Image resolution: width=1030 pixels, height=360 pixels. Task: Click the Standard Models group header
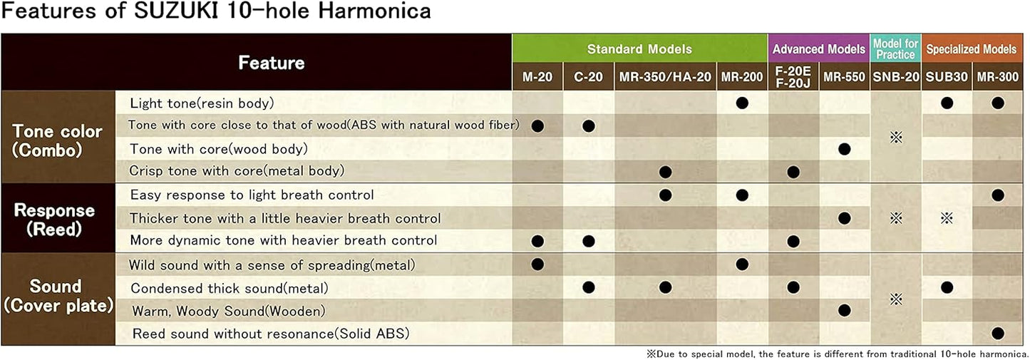point(639,49)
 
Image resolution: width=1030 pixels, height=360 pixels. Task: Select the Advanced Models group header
point(818,49)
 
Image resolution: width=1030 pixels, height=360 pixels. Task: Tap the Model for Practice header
point(895,49)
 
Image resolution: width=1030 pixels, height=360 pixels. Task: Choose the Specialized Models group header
point(971,49)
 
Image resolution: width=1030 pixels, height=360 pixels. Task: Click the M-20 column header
point(537,77)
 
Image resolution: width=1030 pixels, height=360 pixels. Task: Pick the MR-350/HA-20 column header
point(665,77)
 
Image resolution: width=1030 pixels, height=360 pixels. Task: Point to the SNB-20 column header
point(896,77)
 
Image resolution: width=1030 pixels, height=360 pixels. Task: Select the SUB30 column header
point(947,77)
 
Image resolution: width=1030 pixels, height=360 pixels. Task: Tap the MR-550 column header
point(844,77)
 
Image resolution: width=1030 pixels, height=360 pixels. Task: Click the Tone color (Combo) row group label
point(57,140)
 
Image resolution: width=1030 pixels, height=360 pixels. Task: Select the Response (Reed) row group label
point(55,219)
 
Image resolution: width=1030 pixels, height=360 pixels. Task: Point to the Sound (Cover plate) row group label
point(56,296)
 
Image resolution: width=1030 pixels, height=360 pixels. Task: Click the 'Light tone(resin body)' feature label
point(202,103)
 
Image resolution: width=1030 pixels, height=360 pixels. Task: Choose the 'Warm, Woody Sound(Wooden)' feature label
point(229,311)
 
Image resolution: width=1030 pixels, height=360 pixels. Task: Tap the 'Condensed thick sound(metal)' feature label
point(229,289)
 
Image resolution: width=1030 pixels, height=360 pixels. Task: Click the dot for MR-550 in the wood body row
point(845,149)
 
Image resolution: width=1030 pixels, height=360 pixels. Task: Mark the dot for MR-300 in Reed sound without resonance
point(997,332)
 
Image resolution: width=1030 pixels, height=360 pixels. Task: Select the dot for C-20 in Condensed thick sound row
point(588,287)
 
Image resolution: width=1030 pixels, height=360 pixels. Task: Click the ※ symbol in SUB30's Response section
point(947,218)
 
